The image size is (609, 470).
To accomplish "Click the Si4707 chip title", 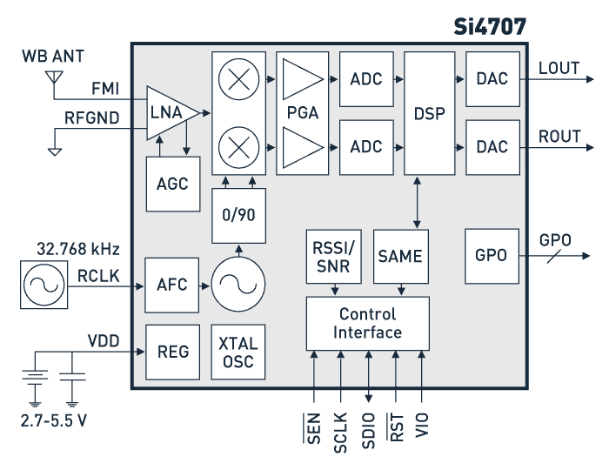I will pos(490,26).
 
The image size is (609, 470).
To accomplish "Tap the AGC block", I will pos(172,184).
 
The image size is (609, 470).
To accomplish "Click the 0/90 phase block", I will pos(238,215).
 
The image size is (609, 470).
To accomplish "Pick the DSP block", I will pos(430,113).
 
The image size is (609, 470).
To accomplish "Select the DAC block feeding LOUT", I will pos(492,79).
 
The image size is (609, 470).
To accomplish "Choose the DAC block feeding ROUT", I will pos(492,146).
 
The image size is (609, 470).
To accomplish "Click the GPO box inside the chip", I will pos(492,257).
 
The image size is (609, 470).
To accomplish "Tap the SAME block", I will pos(400,257).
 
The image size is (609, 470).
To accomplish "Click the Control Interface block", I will pos(367,323).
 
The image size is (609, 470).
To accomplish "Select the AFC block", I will pos(172,285).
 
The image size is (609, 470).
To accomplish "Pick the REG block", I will pos(172,352).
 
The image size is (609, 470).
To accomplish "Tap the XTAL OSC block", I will pos(238,352).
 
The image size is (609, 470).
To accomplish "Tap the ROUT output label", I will pos(559,137).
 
